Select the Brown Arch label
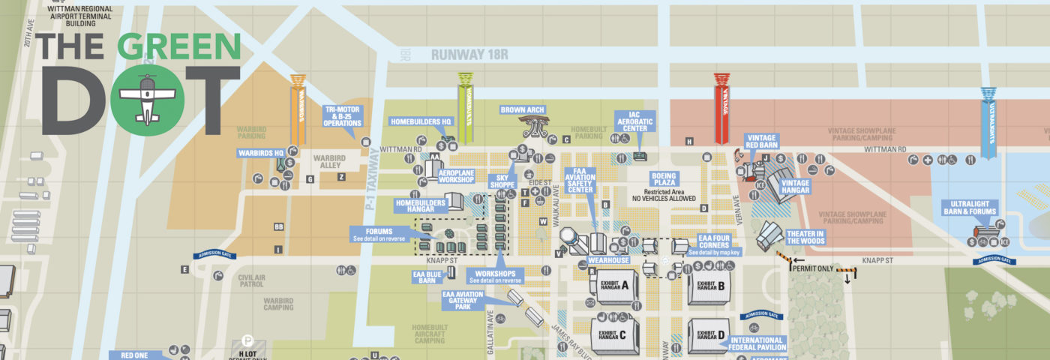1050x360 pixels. point(522,109)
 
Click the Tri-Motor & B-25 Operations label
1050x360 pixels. point(343,116)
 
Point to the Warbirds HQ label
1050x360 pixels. point(260,153)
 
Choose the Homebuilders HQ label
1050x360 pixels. point(420,121)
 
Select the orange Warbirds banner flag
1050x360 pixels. point(298,108)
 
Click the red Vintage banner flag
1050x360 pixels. point(721,108)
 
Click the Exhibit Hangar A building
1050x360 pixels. point(617,286)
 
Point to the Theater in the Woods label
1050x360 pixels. point(805,237)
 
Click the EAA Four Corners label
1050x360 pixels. point(714,244)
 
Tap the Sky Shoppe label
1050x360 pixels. point(502,182)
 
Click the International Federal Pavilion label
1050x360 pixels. point(757,343)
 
